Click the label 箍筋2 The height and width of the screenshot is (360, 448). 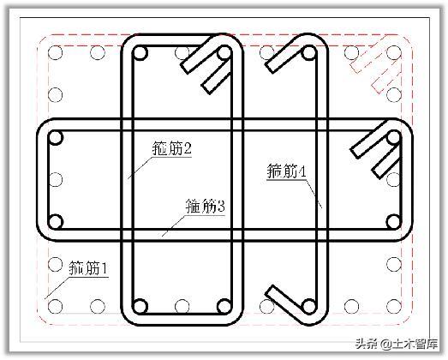coord(172,148)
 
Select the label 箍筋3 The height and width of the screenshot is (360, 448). coord(206,206)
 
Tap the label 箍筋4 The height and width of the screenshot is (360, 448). coord(287,171)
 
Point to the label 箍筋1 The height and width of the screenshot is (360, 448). coord(88,268)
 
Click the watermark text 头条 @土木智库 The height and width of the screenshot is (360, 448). coord(397,344)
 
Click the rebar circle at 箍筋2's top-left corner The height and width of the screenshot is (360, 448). coord(140,53)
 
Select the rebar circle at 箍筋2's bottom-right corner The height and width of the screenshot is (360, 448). coord(224,306)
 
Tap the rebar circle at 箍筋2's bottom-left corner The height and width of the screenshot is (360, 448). coord(140,306)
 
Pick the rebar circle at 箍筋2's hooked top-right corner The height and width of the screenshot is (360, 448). coord(224,53)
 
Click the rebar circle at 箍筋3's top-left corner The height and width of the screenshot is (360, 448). coord(56,137)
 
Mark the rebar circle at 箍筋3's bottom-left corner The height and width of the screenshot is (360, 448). coord(56,222)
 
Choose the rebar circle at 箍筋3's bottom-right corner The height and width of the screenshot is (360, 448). coord(394,222)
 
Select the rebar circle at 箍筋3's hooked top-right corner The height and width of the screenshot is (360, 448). coord(394,137)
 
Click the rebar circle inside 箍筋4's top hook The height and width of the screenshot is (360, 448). coord(308,53)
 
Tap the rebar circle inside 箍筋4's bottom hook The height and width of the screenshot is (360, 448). coord(308,306)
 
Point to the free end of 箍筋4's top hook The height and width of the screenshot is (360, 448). coord(270,68)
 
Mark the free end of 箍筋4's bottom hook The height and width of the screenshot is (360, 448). coord(270,291)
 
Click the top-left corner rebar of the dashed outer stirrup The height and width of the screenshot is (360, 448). coord(56,53)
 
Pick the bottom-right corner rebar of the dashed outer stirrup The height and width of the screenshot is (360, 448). coord(394,306)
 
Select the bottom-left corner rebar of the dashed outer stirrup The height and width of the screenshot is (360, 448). coord(56,306)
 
